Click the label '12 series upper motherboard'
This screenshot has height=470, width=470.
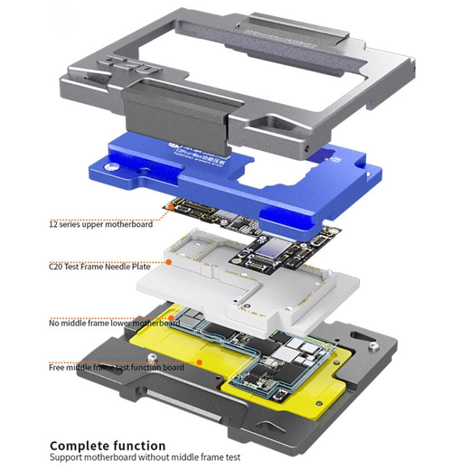101,224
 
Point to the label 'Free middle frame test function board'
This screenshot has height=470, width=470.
117,367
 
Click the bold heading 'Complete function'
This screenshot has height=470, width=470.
108,446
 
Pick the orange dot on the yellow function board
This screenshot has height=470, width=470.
199,362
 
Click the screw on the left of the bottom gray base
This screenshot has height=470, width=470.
152,358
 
